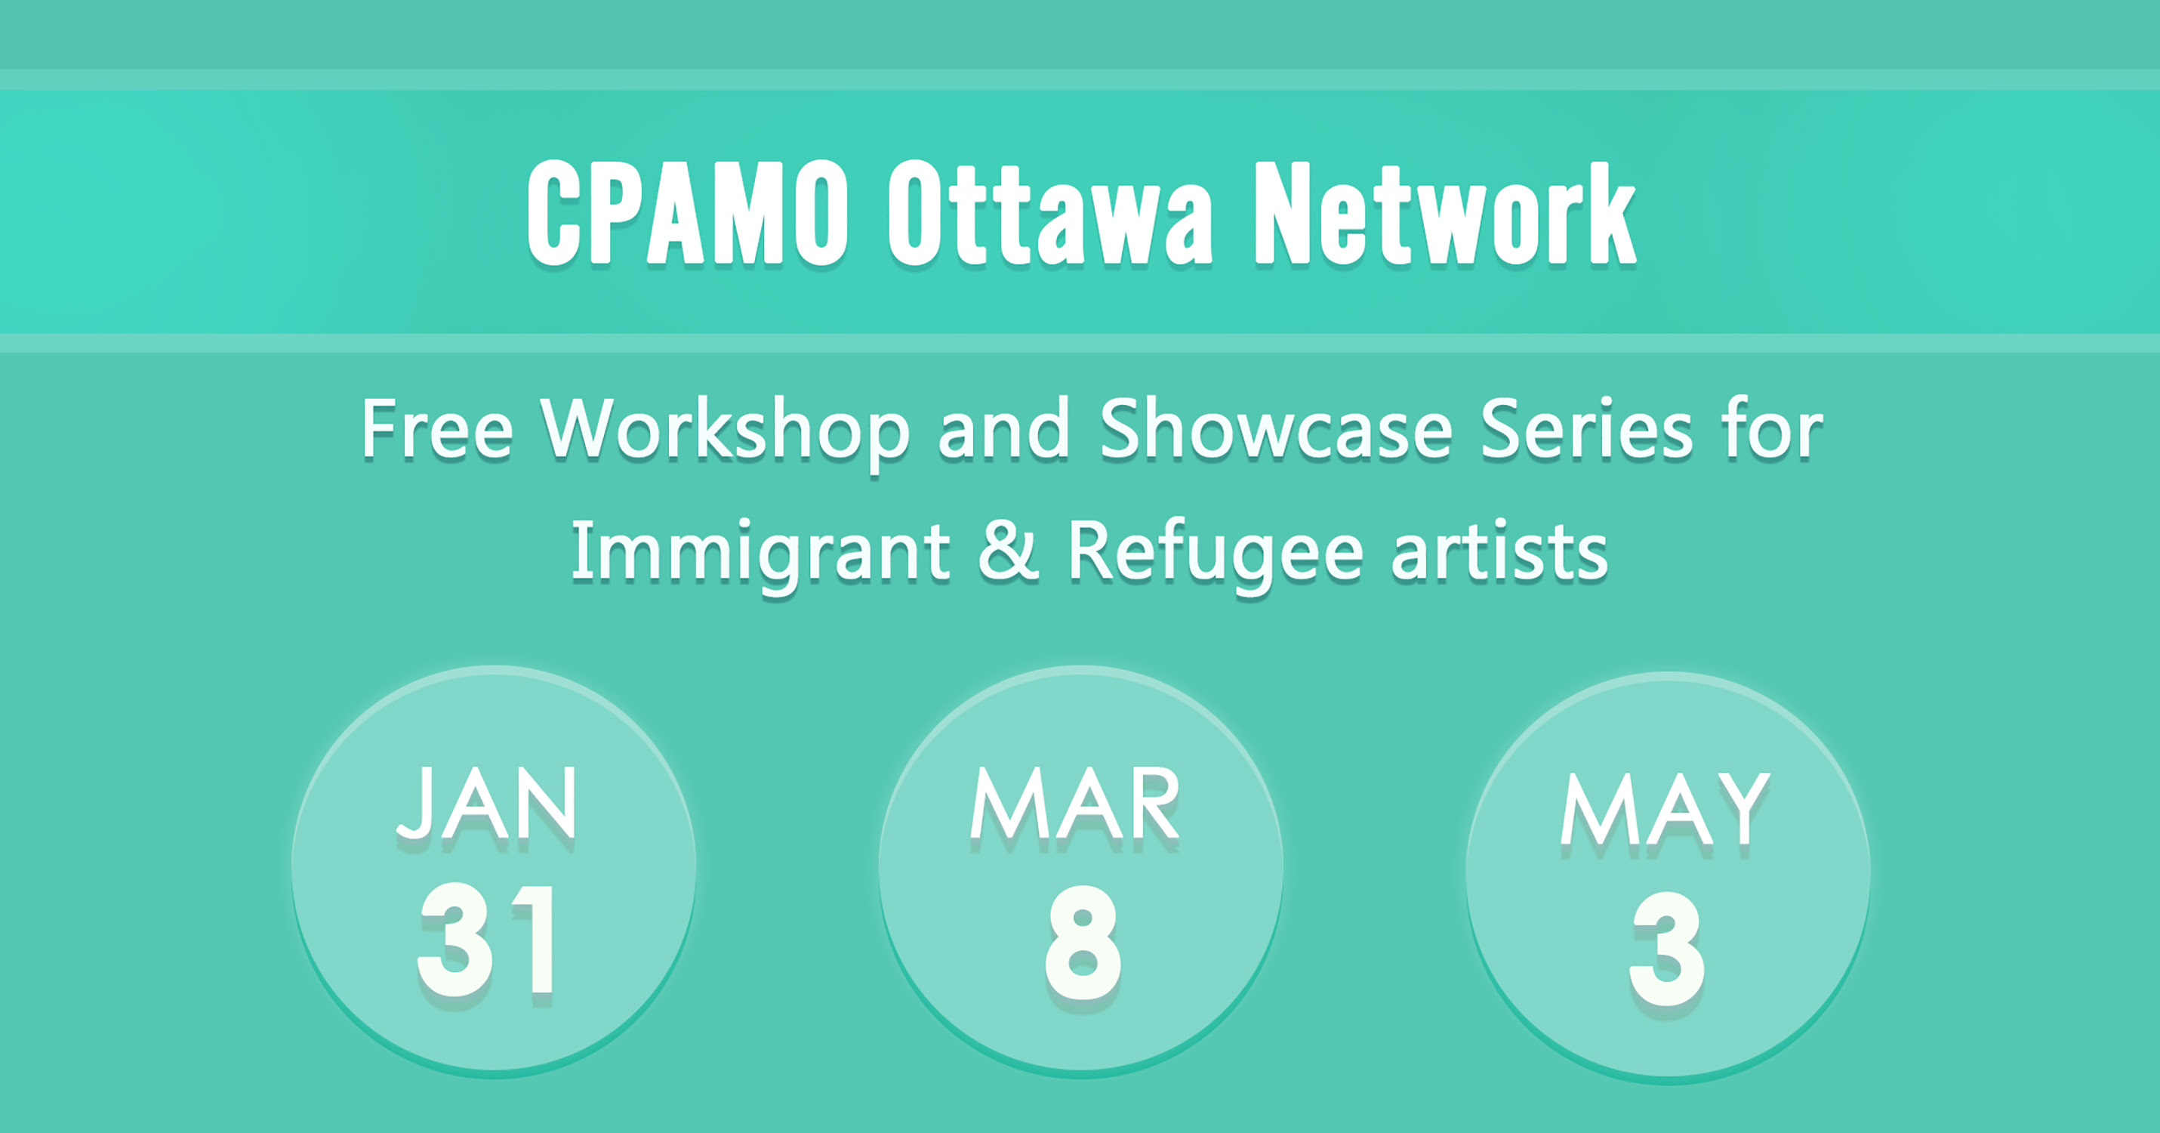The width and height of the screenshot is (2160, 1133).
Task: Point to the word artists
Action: (x=1499, y=550)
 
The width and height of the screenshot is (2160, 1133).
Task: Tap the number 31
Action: (x=486, y=940)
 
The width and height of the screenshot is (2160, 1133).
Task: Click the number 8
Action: (x=1083, y=943)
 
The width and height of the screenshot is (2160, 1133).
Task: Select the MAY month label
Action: (x=1665, y=809)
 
